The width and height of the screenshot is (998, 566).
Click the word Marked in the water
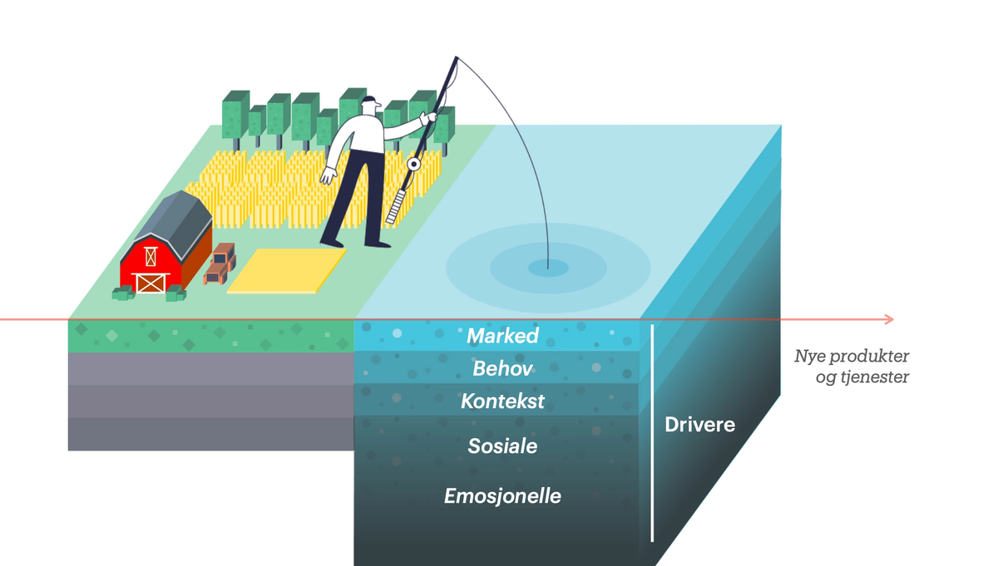click(x=502, y=336)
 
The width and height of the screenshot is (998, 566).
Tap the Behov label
click(x=502, y=367)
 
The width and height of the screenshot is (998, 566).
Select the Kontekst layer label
click(x=502, y=401)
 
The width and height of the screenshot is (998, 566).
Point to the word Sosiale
click(x=502, y=446)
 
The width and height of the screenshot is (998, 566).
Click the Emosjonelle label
click(x=502, y=496)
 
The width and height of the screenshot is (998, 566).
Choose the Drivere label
click(x=699, y=425)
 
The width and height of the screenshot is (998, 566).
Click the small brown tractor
click(x=220, y=264)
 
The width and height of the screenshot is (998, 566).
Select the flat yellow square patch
click(x=287, y=270)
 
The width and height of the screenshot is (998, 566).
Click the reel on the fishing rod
click(x=412, y=164)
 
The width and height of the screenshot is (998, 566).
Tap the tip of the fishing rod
click(x=457, y=58)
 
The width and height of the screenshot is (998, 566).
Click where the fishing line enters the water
click(x=549, y=267)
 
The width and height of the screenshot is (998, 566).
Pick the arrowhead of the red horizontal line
click(x=888, y=319)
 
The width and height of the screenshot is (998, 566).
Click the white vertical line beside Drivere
click(x=652, y=432)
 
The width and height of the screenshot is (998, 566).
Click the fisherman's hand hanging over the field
click(x=329, y=176)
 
